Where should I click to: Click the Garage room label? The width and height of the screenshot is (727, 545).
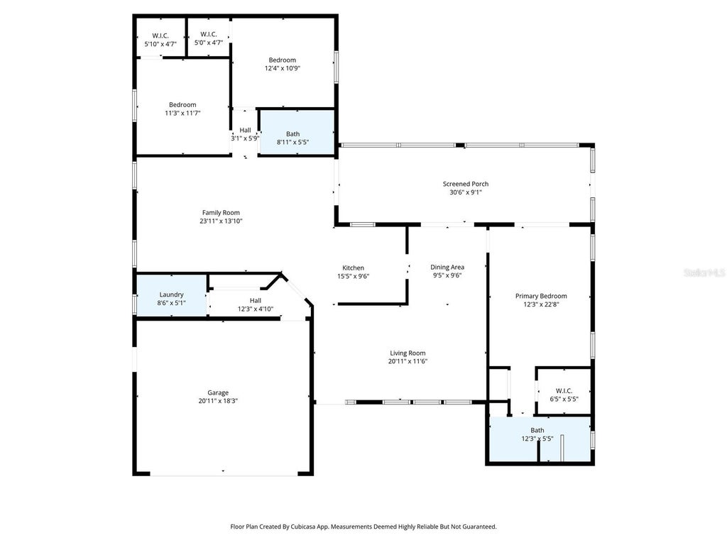coord(218,392)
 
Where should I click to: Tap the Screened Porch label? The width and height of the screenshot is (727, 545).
coord(466,184)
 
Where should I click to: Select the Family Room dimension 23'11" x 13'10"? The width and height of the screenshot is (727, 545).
coord(222,221)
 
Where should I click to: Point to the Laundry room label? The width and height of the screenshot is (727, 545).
coord(172,294)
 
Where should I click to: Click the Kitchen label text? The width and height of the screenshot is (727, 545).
coord(354,268)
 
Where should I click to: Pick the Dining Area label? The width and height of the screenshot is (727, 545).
coord(447,267)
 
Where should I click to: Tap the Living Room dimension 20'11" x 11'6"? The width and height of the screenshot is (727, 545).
coord(408,361)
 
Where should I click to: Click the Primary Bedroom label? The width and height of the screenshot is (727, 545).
coord(541,296)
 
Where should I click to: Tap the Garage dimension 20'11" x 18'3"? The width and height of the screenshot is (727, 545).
coord(218,402)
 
